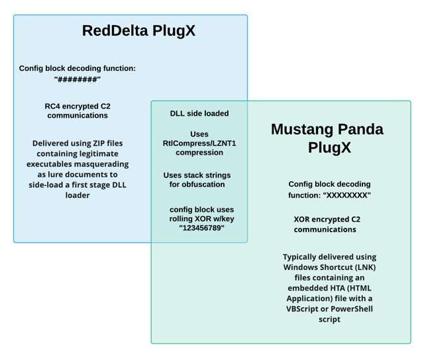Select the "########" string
[77, 79]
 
